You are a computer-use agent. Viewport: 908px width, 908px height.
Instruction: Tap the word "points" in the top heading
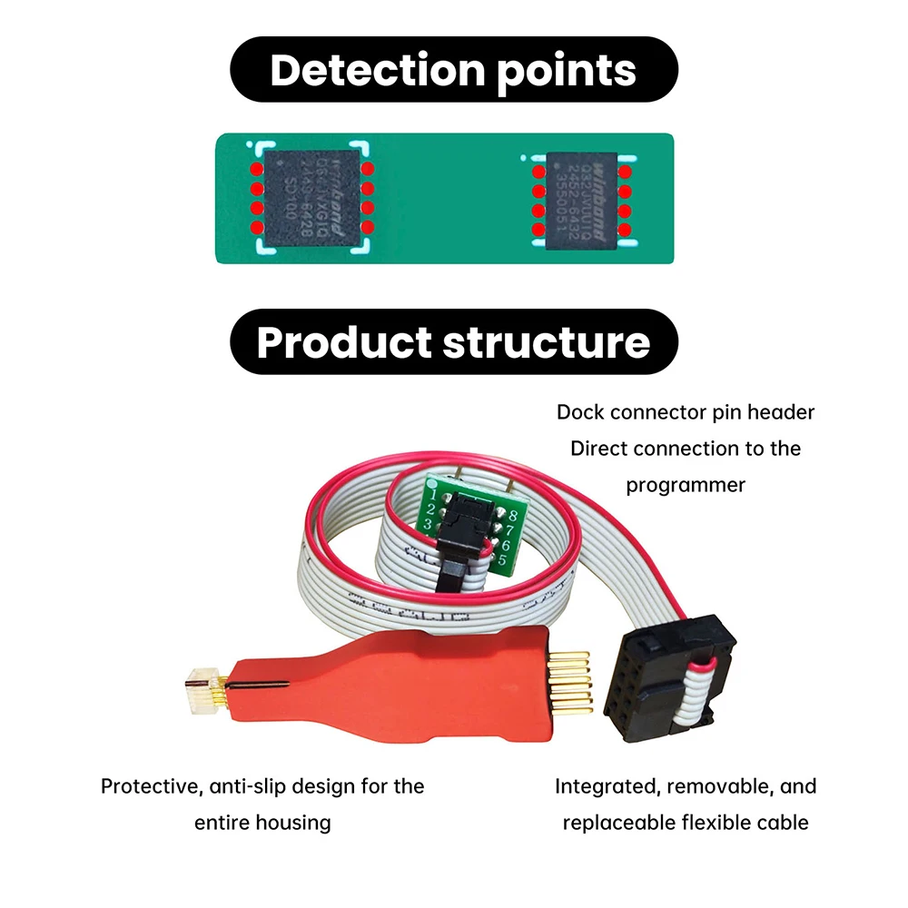(561, 70)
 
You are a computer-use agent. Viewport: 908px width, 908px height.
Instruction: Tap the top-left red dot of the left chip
(257, 170)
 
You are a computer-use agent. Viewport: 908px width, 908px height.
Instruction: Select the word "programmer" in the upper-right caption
(686, 485)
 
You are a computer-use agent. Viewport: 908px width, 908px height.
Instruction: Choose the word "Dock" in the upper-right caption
(579, 412)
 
